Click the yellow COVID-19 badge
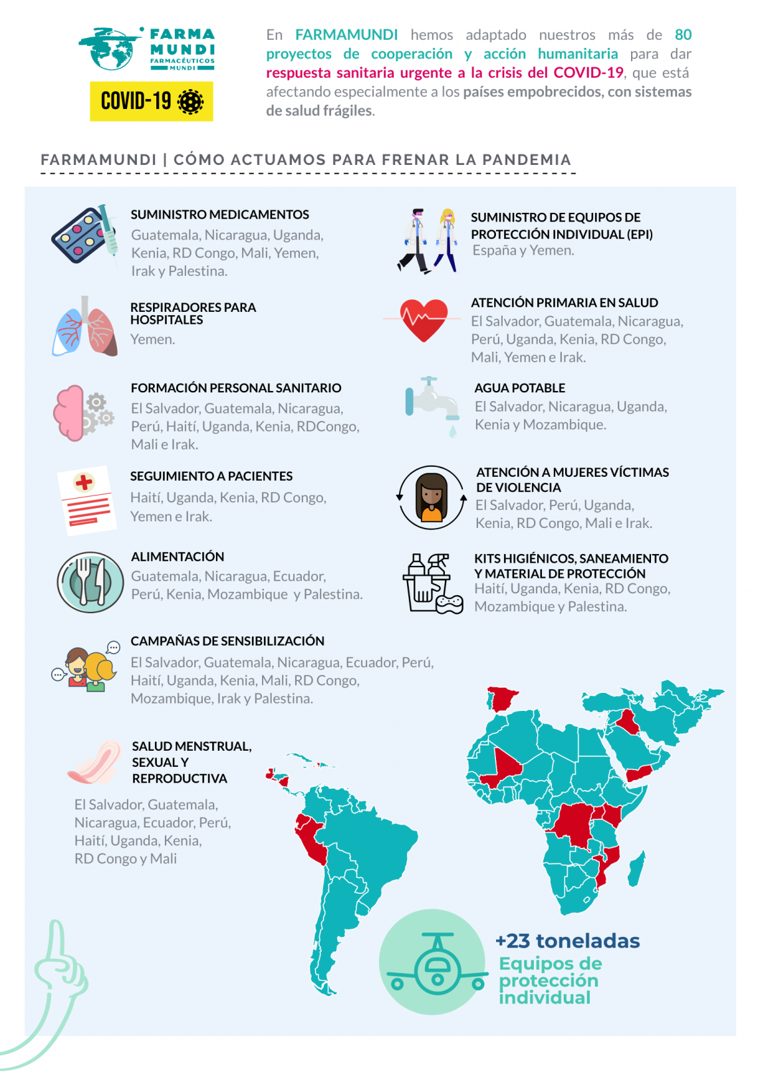[x=151, y=101]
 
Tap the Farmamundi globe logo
[x=110, y=48]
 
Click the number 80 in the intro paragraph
[x=683, y=35]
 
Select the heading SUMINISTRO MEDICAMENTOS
[x=219, y=215]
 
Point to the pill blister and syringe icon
[x=85, y=234]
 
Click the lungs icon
[x=85, y=327]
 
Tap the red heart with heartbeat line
[x=424, y=319]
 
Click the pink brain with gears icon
[x=82, y=413]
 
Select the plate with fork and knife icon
[x=90, y=582]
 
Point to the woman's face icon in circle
[x=432, y=497]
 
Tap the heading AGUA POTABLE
[x=519, y=388]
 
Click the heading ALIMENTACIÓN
[x=178, y=557]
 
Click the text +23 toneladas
[x=567, y=941]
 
